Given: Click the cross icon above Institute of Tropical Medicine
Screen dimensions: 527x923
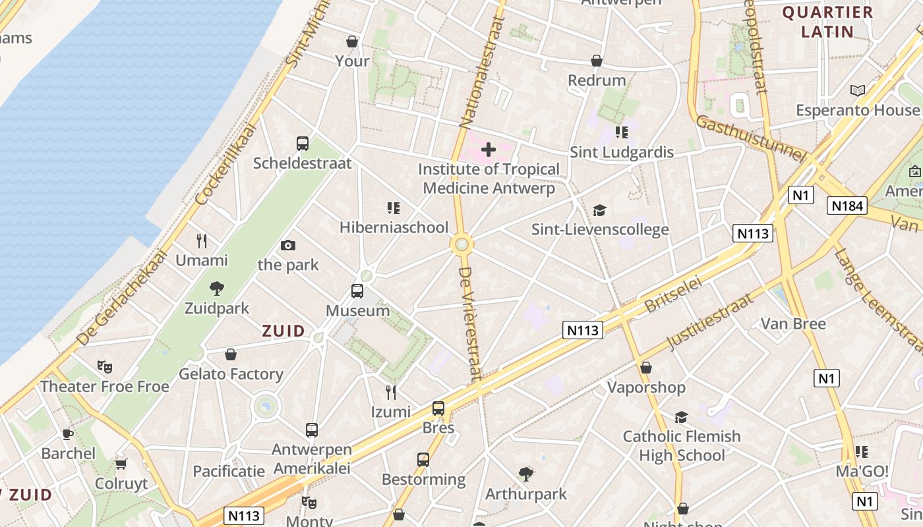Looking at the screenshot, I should (489, 150).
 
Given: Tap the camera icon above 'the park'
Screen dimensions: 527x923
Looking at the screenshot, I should (288, 246).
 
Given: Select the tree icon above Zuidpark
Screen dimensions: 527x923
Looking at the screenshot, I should (216, 288).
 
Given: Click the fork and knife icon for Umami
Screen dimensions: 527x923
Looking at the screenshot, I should (202, 241).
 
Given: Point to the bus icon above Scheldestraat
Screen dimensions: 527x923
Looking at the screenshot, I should (303, 144).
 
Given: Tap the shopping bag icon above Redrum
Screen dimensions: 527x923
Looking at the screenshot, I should (597, 61).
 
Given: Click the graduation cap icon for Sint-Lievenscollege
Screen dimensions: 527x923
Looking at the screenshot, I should (599, 210).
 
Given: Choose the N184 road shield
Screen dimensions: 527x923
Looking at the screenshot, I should (847, 206).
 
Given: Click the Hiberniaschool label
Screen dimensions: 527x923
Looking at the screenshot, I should (394, 228).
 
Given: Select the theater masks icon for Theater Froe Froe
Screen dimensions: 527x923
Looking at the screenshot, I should (104, 366).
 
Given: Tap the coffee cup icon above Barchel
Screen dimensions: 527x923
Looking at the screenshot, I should (67, 434).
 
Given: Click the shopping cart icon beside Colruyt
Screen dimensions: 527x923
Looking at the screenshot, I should (121, 464).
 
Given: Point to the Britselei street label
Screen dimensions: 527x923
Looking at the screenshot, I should (672, 295).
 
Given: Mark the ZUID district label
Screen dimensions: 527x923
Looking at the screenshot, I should (283, 331).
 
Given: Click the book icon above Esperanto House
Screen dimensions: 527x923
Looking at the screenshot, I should (857, 91).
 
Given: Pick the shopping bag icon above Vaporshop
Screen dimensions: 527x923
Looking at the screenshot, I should (646, 368).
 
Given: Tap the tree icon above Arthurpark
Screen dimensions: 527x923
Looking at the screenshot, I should (525, 474).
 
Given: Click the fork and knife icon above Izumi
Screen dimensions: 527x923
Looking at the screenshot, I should (391, 393).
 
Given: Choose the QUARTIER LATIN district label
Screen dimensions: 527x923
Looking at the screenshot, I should (827, 22).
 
